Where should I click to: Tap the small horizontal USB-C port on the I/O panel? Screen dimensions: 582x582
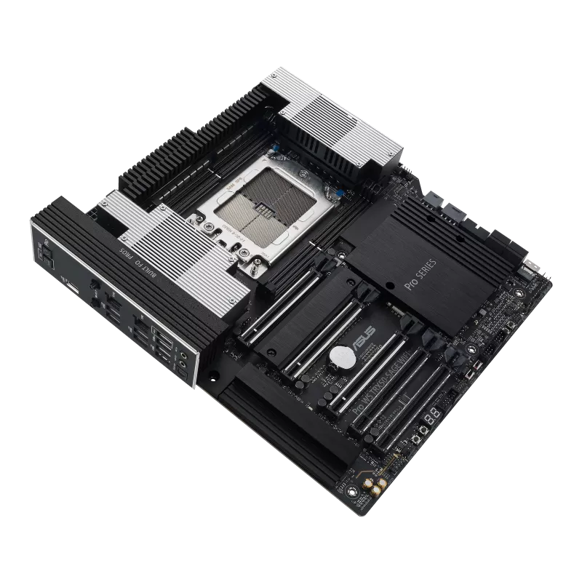pos(73,291)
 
